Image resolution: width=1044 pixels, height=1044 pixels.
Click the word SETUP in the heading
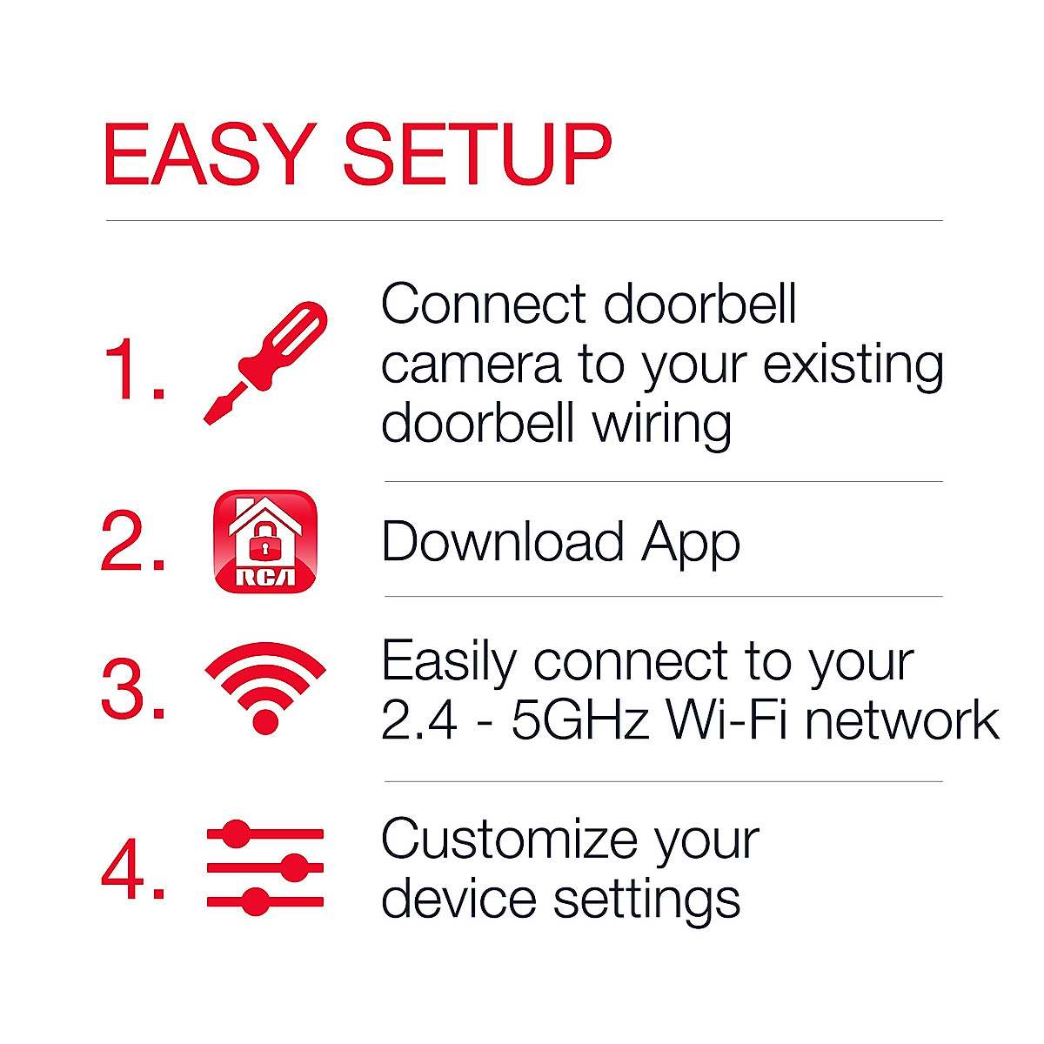pyautogui.click(x=478, y=156)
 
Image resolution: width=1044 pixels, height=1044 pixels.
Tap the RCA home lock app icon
pyautogui.click(x=264, y=541)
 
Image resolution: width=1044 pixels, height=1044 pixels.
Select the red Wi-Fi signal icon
pyautogui.click(x=265, y=687)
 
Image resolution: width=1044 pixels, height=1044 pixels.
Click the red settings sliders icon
pyautogui.click(x=265, y=867)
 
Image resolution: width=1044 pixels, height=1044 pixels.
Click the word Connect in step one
pyautogui.click(x=484, y=304)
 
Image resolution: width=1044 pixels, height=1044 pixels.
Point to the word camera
pyautogui.click(x=471, y=365)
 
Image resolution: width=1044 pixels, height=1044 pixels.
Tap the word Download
pyautogui.click(x=503, y=542)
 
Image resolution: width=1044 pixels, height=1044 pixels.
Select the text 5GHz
pyautogui.click(x=580, y=721)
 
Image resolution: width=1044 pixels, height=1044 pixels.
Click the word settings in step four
pyautogui.click(x=647, y=900)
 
